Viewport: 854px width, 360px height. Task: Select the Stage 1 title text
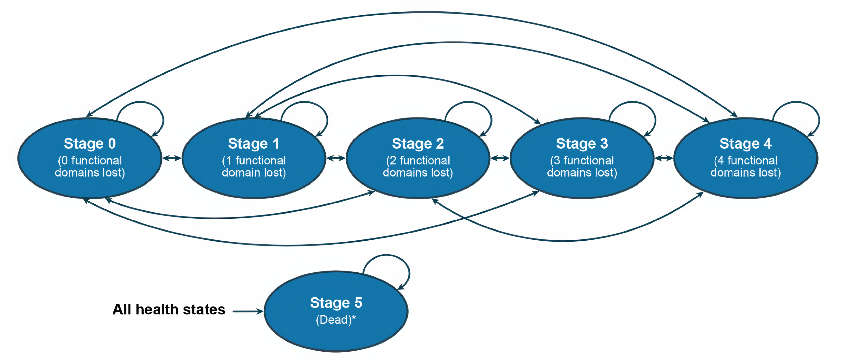point(254,143)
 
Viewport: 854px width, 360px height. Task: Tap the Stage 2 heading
point(418,143)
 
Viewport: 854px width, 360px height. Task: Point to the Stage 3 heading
point(582,143)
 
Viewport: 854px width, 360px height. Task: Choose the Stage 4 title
point(746,143)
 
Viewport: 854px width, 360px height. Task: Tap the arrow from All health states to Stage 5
point(248,311)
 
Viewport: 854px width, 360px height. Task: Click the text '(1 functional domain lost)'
point(254,166)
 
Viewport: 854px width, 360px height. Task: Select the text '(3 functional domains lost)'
point(582,166)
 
